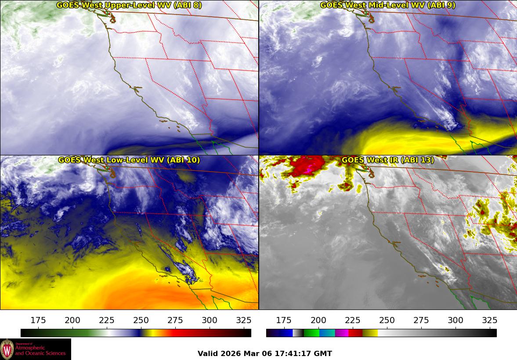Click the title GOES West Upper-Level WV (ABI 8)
point(129,5)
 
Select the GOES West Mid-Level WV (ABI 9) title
point(387,5)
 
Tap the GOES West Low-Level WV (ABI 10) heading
point(129,160)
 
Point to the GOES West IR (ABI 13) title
point(387,160)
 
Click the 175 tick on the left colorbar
point(38,320)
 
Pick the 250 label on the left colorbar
point(141,320)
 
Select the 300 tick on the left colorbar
point(210,320)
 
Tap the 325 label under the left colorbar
point(244,320)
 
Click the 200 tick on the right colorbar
point(318,320)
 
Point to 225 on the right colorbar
point(353,320)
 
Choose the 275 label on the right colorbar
point(421,320)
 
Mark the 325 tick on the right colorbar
point(490,320)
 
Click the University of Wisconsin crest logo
point(7,349)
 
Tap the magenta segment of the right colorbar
point(341,333)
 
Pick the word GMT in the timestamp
point(324,353)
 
